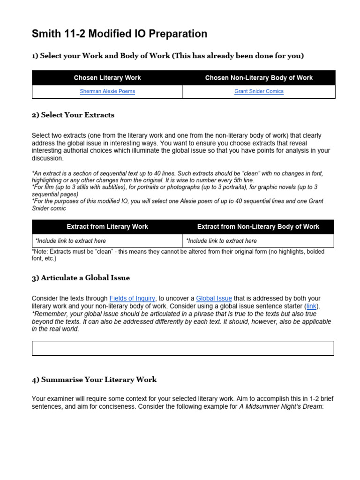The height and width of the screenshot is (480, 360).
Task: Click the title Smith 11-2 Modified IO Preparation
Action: [119, 34]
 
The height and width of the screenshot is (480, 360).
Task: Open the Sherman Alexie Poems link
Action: [107, 91]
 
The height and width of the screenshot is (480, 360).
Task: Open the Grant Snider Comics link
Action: [259, 91]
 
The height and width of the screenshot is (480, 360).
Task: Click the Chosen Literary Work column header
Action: [107, 78]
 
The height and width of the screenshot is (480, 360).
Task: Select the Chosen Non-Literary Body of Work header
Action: [259, 78]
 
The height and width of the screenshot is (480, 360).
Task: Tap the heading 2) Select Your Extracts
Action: [73, 115]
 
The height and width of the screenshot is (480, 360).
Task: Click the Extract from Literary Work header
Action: [107, 227]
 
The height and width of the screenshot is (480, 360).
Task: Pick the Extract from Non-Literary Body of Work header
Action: [258, 227]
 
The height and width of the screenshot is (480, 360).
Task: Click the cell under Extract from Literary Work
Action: [107, 241]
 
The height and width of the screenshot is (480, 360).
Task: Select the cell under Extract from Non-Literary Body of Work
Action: [258, 241]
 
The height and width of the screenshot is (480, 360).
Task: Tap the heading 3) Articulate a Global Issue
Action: [81, 278]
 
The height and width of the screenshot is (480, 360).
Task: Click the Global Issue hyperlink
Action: [214, 298]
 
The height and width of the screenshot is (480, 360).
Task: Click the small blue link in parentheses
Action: [311, 306]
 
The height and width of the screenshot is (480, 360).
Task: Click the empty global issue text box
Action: [183, 348]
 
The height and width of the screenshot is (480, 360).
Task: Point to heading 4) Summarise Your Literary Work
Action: [94, 380]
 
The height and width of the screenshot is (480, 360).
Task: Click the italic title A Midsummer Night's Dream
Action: [280, 407]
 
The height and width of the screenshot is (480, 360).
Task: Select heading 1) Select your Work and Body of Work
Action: [168, 56]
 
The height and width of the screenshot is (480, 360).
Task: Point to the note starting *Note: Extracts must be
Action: [178, 255]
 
